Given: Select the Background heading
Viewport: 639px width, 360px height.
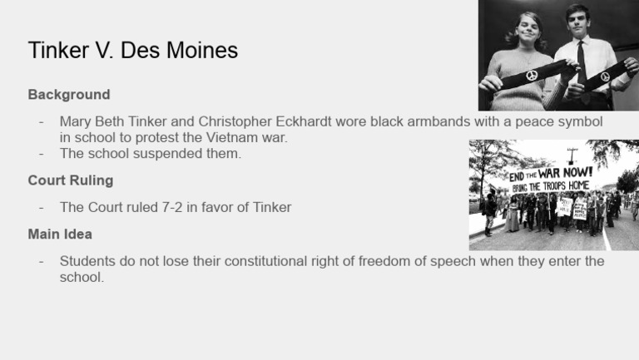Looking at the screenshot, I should [69, 95].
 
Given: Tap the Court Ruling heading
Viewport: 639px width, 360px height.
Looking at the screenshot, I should [71, 180].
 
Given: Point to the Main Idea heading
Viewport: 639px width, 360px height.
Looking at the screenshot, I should [60, 234].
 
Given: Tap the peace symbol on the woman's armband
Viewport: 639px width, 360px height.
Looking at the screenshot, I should [532, 76].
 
